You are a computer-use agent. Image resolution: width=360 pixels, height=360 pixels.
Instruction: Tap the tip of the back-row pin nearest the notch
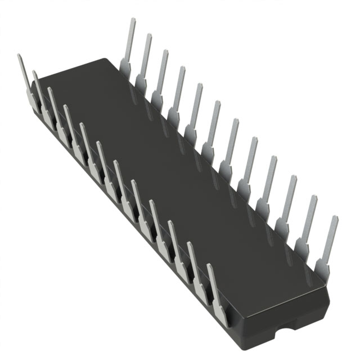point(335,218)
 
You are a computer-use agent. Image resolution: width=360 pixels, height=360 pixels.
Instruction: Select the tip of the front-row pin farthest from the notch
point(20,56)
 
